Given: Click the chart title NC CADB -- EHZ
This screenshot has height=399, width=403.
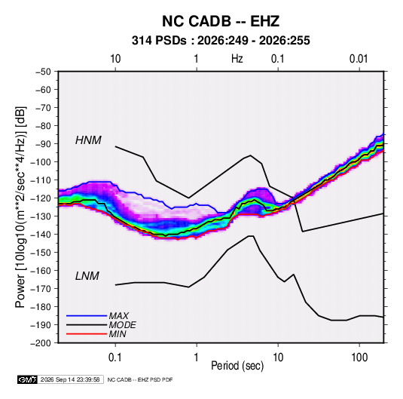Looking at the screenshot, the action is point(221,21).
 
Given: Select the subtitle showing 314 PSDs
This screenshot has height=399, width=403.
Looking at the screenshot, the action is point(221,41).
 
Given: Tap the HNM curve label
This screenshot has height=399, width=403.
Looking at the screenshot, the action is point(88,140).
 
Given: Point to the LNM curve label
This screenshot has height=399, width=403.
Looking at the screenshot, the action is point(87,276).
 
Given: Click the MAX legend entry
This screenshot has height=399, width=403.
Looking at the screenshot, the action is point(118,315).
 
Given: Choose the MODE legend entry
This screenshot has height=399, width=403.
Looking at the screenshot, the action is point(122,325).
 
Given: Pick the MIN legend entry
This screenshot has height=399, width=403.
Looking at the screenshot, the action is point(118,334).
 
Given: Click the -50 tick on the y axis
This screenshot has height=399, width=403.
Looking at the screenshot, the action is point(43,72).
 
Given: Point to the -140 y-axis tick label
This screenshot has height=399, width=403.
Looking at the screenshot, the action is point(41,235).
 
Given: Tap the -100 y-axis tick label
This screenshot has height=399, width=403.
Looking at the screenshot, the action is point(41,162).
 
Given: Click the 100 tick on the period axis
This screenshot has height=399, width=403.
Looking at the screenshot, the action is point(359,358).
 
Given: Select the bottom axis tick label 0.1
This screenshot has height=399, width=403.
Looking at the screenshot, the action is point(115,358).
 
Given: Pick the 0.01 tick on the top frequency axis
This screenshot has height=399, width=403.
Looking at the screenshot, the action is point(359,59).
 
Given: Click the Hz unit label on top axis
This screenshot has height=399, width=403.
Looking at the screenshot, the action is point(237,59).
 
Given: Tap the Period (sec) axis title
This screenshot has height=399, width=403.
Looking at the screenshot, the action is point(237,366).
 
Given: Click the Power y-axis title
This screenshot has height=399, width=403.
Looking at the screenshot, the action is point(21,207).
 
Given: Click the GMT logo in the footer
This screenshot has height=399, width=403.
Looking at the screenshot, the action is point(28,379).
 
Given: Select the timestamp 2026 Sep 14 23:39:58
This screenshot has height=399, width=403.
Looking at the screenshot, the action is point(70,379).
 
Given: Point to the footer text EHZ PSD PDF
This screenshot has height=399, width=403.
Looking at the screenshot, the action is point(155,380).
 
